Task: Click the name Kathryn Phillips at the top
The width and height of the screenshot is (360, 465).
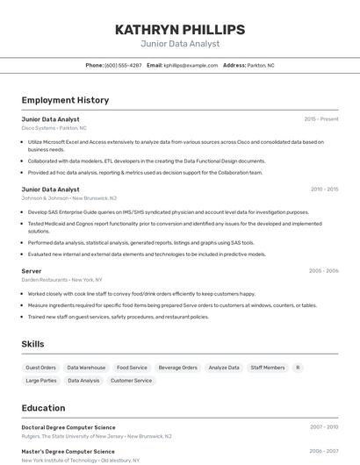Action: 179,30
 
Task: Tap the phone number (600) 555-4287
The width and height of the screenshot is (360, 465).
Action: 123,65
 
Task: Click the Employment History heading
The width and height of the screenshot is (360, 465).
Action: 65,100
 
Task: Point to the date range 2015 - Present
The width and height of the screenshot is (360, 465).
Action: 321,118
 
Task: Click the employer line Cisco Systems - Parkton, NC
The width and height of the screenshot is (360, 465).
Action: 54,128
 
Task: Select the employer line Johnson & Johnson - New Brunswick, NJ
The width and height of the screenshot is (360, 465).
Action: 69,198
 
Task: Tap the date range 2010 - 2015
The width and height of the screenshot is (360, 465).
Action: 324,189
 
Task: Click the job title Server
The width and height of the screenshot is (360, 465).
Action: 32,271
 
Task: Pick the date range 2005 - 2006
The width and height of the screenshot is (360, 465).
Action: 323,271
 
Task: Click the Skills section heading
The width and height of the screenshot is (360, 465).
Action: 33,345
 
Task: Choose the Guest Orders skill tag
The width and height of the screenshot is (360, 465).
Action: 41,368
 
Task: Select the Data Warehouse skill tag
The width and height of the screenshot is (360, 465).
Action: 86,368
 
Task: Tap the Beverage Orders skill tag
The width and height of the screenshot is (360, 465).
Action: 177,368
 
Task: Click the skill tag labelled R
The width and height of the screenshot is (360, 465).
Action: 298,368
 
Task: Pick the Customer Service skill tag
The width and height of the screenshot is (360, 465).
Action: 131,381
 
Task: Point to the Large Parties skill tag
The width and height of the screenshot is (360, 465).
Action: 41,381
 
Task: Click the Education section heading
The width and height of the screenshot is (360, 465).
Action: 43,408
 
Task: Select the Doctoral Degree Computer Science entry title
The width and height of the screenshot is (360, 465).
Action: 68,426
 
